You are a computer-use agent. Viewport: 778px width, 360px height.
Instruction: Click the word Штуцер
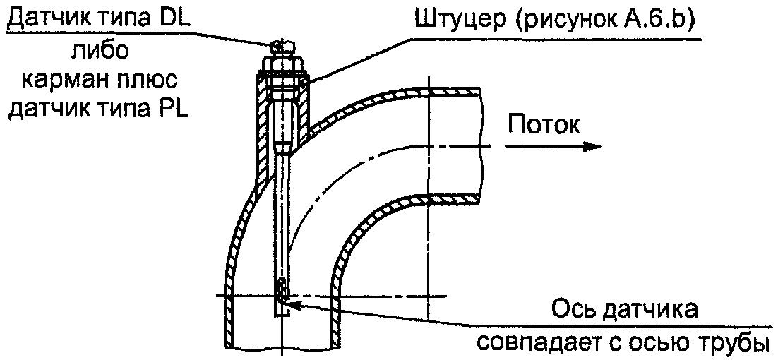click(x=452, y=21)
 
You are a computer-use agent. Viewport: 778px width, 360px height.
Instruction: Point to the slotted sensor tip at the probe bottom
click(x=282, y=290)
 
